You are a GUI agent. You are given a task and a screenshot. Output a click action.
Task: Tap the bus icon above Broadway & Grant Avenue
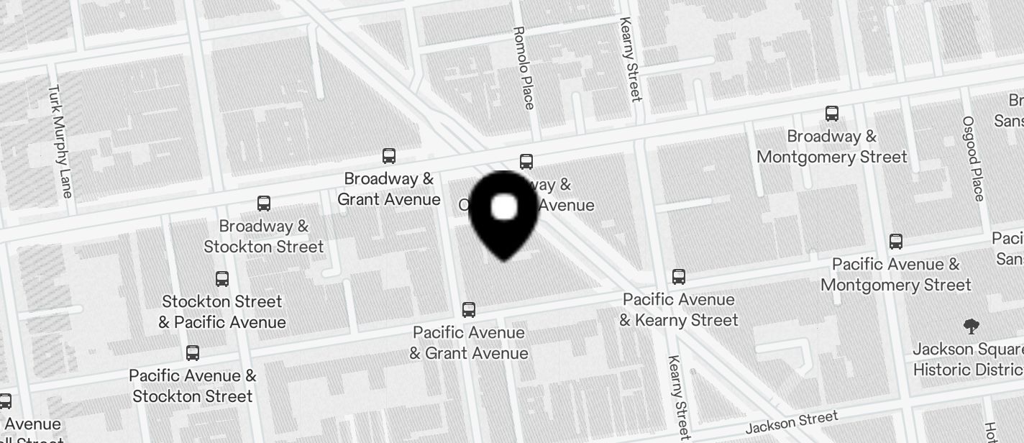click(x=389, y=155)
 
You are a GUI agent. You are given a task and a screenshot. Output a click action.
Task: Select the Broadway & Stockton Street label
click(x=264, y=237)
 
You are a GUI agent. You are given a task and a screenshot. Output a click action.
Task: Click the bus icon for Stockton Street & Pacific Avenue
click(x=222, y=278)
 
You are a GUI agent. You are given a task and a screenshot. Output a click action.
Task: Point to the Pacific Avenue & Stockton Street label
click(x=193, y=386)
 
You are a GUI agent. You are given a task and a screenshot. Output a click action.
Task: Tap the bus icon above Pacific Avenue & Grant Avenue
click(x=469, y=310)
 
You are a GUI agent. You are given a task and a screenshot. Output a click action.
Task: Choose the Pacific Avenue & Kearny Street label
click(x=679, y=310)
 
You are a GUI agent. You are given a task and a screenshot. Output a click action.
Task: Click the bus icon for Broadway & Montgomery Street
click(x=832, y=113)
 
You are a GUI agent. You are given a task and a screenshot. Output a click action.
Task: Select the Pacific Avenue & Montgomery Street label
click(x=896, y=275)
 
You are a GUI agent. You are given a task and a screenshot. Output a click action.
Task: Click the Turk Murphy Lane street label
click(x=60, y=141)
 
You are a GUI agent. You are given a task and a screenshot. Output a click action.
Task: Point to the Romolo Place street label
click(x=524, y=68)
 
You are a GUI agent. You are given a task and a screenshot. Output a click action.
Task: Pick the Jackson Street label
click(x=792, y=422)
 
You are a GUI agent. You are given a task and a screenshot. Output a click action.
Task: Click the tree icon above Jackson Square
click(x=971, y=327)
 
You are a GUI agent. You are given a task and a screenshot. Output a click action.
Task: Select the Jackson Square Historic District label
click(x=968, y=360)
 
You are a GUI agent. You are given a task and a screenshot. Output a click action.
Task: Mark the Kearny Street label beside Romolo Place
click(x=631, y=59)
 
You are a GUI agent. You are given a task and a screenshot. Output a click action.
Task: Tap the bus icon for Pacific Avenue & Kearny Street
click(x=678, y=276)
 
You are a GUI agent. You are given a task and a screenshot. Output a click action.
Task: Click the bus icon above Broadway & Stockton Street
click(x=264, y=204)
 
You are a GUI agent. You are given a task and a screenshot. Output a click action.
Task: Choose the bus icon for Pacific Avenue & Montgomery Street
click(x=896, y=241)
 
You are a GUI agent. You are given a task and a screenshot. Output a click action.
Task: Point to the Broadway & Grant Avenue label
click(x=389, y=189)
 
